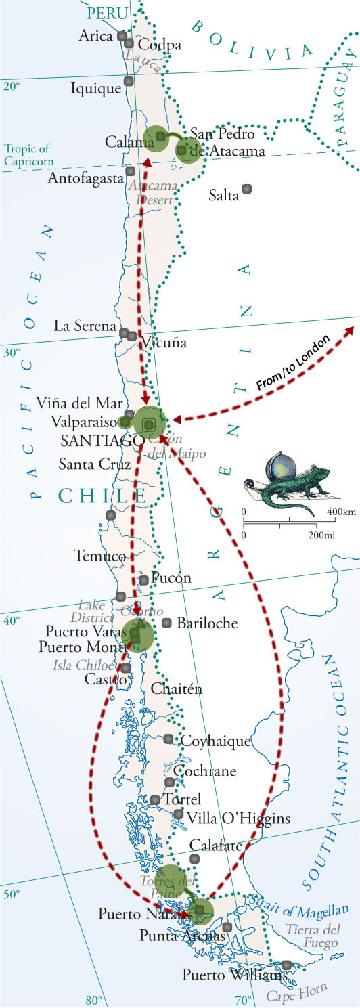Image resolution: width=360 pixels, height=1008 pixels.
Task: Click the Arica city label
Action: coord(95,35)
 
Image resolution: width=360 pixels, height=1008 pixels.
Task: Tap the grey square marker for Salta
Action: coord(247,188)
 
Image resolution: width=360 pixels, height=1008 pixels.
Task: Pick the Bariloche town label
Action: coord(207,623)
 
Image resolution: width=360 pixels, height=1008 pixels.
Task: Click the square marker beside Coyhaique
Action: coord(168,739)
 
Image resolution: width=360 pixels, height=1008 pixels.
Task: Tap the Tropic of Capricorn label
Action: coord(28,154)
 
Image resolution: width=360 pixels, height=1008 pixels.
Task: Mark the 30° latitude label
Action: coord(14,353)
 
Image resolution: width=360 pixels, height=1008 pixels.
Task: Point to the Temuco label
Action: coord(99,556)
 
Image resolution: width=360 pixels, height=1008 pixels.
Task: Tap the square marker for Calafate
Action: coord(195,859)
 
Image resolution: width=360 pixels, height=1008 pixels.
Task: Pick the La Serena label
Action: coord(85,326)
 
